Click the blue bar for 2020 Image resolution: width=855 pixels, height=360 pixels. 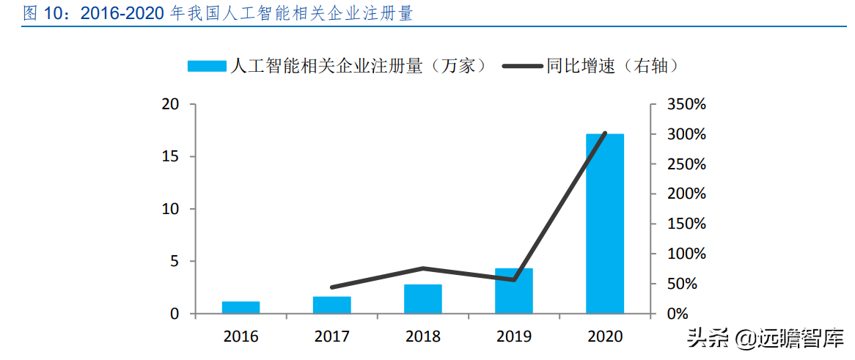[604, 224]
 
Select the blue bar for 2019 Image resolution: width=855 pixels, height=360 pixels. [513, 291]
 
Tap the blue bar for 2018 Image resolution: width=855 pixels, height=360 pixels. [422, 299]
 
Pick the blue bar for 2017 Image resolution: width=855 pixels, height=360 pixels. [331, 305]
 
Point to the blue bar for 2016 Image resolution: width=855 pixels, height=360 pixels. [241, 307]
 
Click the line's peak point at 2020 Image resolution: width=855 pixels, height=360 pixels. [605, 133]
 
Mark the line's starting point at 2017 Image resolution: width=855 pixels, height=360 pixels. [331, 287]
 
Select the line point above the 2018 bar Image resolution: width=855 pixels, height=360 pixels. [422, 268]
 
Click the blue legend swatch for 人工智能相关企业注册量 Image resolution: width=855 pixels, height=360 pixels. [206, 66]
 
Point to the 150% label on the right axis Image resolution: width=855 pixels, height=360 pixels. [686, 224]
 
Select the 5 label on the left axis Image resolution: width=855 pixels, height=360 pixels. [174, 262]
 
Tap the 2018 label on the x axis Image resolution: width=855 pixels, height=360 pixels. [422, 337]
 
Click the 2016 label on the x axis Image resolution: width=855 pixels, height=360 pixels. [241, 337]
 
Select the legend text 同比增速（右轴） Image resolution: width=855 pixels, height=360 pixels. [612, 66]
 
